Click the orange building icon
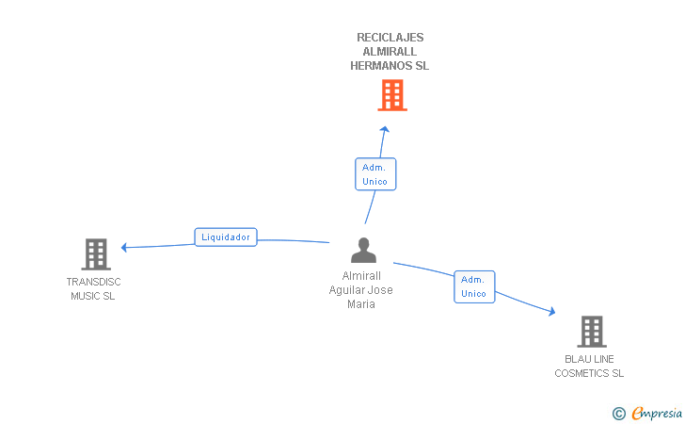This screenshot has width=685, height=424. (392, 95)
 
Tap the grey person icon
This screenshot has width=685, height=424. (363, 250)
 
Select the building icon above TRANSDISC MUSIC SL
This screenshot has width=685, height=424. (96, 254)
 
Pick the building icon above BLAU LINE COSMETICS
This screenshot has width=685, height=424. (592, 332)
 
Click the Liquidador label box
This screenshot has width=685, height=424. (226, 237)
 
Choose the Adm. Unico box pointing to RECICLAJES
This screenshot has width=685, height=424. (375, 174)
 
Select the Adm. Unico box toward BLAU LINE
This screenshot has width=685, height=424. (474, 286)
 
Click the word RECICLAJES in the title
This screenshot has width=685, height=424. (390, 38)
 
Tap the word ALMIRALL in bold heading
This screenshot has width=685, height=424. (390, 52)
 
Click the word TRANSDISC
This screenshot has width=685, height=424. (93, 282)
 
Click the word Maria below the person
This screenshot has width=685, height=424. (361, 304)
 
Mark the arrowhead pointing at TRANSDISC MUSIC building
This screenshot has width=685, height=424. (123, 247)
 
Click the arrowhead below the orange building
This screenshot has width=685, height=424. (385, 129)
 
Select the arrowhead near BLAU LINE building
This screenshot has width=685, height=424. (552, 311)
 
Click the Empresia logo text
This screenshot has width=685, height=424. (657, 413)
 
